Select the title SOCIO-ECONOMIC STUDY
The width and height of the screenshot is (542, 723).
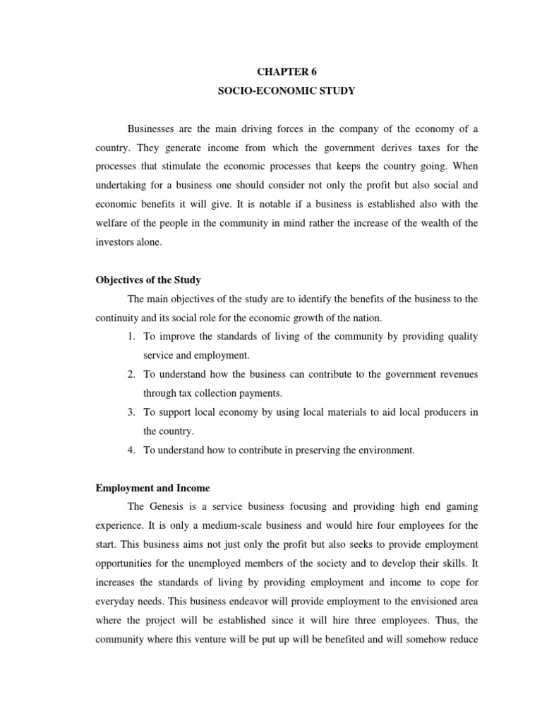pyautogui.click(x=287, y=90)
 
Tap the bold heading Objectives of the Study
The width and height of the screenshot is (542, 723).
pyautogui.click(x=148, y=280)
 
